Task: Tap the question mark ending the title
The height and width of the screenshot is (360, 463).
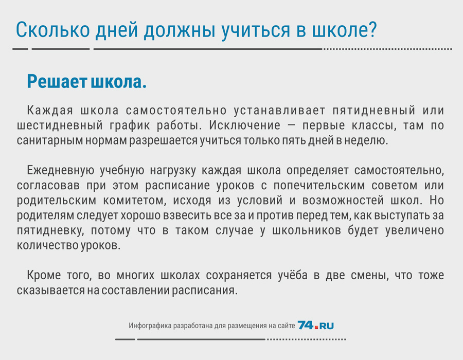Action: click(x=373, y=29)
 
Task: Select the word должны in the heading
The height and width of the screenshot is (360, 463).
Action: click(x=180, y=31)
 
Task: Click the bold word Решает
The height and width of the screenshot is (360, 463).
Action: click(x=57, y=81)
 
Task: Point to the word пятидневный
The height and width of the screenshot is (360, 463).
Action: click(x=374, y=111)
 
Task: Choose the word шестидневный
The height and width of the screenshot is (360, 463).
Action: click(x=60, y=125)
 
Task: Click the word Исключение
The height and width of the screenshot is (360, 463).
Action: click(x=244, y=125)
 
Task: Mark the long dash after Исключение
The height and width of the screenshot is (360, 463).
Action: click(x=291, y=125)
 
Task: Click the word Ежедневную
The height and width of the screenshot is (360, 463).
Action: click(x=61, y=171)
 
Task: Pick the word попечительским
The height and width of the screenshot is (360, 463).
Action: click(x=319, y=186)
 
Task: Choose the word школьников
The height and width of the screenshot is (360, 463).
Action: click(x=306, y=230)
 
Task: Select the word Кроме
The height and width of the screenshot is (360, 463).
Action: click(x=44, y=275)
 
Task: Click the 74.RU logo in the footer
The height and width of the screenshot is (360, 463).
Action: click(x=316, y=325)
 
